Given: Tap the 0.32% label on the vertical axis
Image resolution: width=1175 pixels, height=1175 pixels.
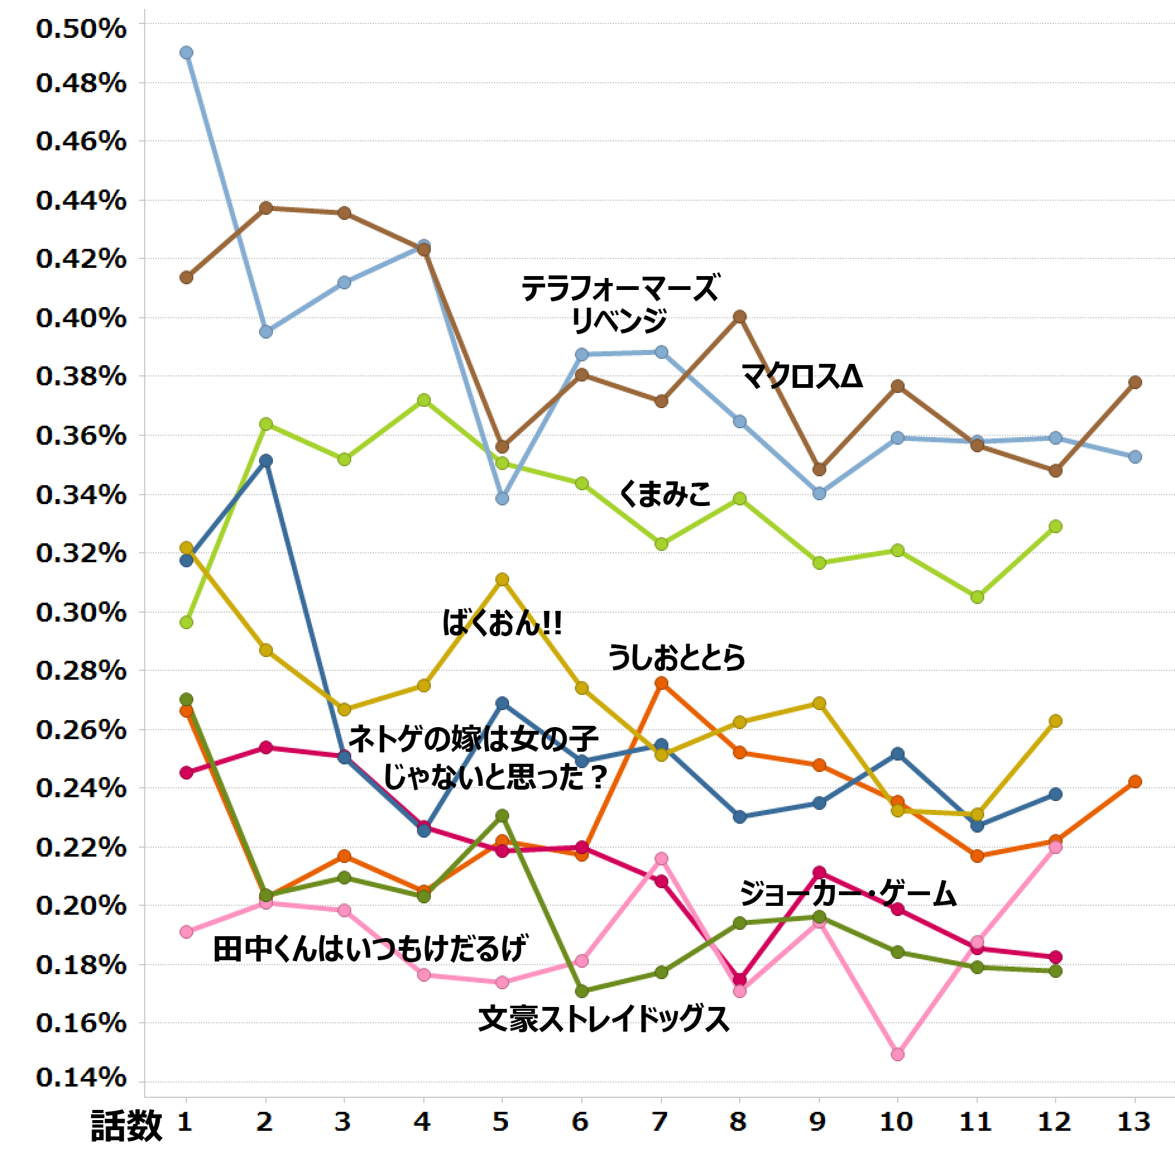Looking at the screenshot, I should click(x=81, y=553).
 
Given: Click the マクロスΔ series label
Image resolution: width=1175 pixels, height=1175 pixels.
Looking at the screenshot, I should click(x=802, y=377).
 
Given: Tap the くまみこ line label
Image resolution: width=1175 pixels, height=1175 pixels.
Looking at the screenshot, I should click(x=665, y=493).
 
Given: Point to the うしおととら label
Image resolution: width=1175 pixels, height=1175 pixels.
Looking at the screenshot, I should click(x=677, y=657).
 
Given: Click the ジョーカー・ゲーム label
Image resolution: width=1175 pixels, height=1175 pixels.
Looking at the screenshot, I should click(x=847, y=894).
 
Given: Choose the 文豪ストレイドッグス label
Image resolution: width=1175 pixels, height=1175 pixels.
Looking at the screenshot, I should click(x=604, y=1019).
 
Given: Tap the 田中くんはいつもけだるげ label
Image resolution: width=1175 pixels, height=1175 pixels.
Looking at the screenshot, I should click(x=370, y=948).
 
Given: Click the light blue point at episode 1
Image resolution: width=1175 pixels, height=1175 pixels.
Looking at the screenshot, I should click(x=186, y=52).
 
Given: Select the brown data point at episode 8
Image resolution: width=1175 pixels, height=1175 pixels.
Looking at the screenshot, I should click(x=740, y=316).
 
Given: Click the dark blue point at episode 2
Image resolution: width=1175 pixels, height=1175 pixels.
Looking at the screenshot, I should click(x=266, y=461).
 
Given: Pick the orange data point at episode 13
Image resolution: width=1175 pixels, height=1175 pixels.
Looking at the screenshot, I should click(x=1135, y=781).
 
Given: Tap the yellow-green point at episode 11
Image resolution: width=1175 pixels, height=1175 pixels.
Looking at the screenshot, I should click(x=977, y=597).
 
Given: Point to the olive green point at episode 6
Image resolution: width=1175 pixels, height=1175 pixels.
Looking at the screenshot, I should click(x=582, y=991).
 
